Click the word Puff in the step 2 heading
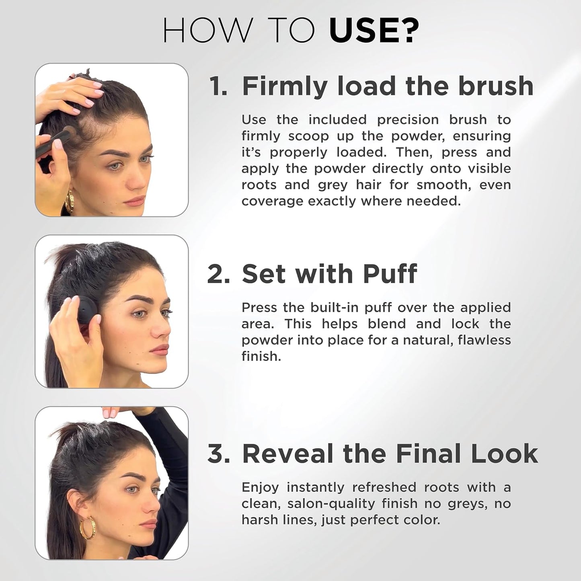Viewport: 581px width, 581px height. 390,274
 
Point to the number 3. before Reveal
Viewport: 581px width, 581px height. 219,454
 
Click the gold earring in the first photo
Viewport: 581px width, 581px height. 70,201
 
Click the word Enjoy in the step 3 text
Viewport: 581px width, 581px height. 260,488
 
